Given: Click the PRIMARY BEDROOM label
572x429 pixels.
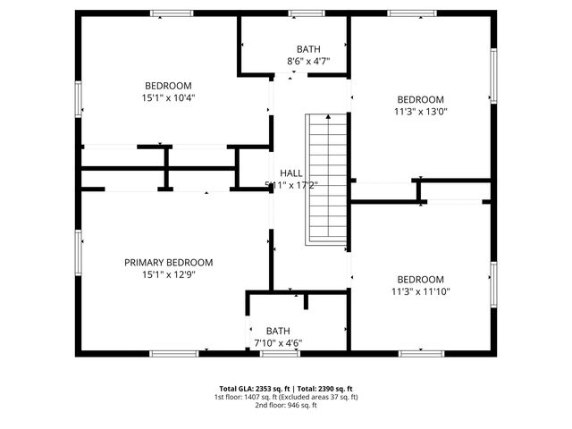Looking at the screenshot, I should (x=168, y=262).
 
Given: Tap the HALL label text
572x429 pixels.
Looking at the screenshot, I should (x=291, y=172).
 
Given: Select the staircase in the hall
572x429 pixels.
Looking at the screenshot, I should (x=326, y=179).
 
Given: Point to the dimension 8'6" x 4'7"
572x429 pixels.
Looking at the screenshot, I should (x=308, y=61).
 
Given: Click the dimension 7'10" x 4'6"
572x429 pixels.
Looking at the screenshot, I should (x=278, y=342).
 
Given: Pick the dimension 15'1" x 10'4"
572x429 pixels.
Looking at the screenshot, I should (x=168, y=97).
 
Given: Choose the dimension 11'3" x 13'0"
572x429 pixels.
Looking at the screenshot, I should (x=420, y=112).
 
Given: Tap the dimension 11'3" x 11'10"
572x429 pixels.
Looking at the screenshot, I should (x=420, y=291).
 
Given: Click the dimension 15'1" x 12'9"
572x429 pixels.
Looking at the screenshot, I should (x=168, y=274).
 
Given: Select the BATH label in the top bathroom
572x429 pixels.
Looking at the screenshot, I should (x=308, y=48).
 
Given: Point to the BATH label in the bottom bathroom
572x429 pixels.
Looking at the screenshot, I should (x=278, y=330).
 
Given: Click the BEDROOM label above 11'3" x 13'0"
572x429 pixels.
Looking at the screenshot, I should (x=420, y=99).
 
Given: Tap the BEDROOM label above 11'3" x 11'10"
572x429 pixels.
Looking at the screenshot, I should (x=420, y=279).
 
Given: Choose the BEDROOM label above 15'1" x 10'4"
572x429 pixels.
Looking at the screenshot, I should (x=168, y=86).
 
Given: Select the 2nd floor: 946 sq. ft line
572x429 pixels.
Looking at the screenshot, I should (x=285, y=405).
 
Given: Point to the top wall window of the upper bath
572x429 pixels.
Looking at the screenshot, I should (x=306, y=13).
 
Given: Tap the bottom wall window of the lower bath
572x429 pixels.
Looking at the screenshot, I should (x=280, y=354).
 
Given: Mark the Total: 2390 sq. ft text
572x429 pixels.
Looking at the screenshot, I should (x=326, y=389).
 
